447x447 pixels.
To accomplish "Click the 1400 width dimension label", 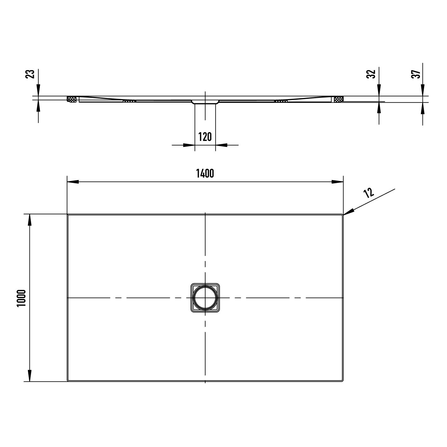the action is point(205,173).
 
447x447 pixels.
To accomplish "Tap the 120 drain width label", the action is point(205,137).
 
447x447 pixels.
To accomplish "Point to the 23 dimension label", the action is point(30,74).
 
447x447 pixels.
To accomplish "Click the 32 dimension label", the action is point(371,74).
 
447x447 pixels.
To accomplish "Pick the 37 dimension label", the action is point(416,74).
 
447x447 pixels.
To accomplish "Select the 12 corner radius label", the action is point(369,193).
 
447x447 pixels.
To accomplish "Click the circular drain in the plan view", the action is point(205,298).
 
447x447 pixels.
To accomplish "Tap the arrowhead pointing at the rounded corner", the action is point(349,212).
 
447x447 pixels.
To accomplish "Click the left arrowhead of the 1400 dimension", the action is point(73,182).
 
